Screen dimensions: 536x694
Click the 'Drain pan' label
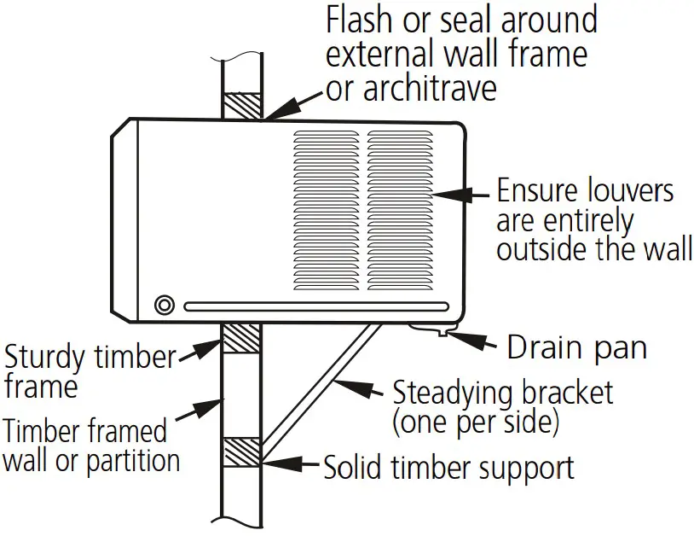pyautogui.click(x=576, y=348)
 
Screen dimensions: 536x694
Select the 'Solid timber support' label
pyautogui.click(x=448, y=468)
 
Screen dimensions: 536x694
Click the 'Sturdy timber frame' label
pyautogui.click(x=89, y=370)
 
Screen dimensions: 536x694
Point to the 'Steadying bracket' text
pyautogui.click(x=502, y=393)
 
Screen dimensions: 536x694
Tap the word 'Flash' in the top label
pyautogui.click(x=361, y=20)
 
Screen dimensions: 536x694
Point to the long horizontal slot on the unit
pyautogui.click(x=316, y=306)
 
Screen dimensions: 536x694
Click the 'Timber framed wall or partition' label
pyautogui.click(x=91, y=446)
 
